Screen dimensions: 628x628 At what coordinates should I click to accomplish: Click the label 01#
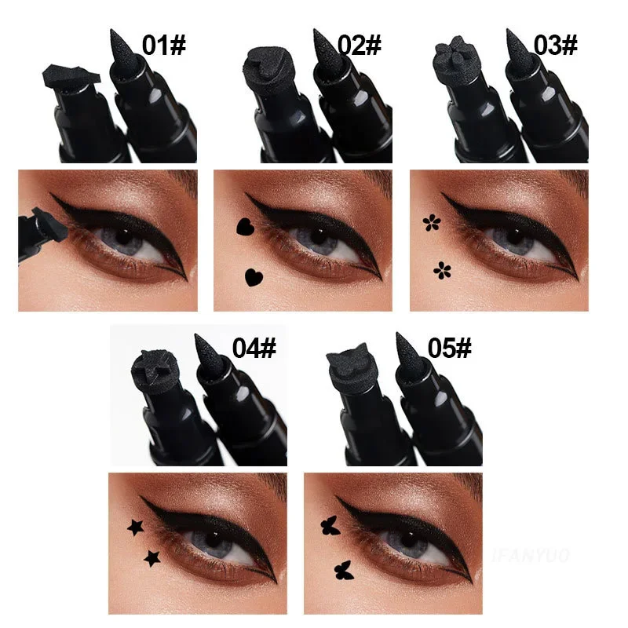(x=165, y=44)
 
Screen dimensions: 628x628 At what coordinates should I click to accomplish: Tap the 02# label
(x=360, y=44)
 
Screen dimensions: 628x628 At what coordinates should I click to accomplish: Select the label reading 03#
(x=556, y=44)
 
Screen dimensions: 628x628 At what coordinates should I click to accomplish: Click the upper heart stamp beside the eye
(x=243, y=228)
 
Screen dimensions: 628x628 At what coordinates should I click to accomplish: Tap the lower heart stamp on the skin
(x=253, y=276)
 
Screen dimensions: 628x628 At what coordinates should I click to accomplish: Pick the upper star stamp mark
(x=134, y=525)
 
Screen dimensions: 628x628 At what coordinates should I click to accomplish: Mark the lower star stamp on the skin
(x=151, y=558)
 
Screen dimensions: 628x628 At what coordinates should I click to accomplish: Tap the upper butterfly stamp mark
(x=328, y=525)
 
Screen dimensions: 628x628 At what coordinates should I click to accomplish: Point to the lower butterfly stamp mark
(x=342, y=568)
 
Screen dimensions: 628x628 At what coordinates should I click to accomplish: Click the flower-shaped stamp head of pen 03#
(x=449, y=57)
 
